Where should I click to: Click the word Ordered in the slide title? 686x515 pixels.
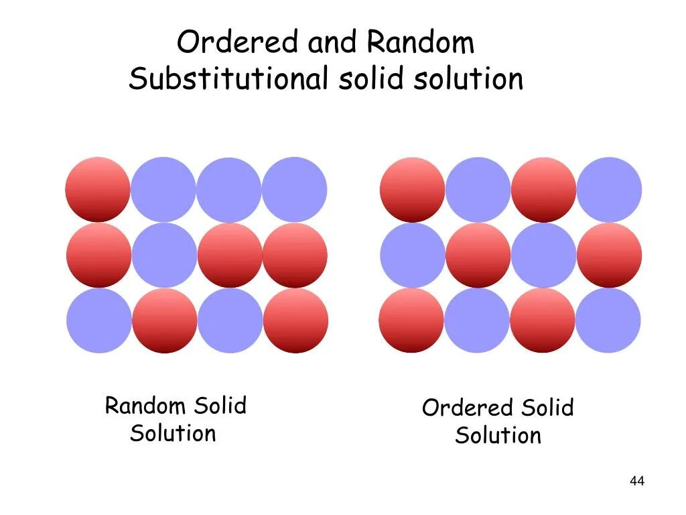click(238, 44)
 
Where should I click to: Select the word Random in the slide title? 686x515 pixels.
click(421, 44)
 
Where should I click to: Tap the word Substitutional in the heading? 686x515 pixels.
click(228, 79)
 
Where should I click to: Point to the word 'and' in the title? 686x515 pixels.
click(333, 44)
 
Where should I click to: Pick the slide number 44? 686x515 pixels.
click(637, 481)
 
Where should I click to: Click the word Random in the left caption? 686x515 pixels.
click(145, 406)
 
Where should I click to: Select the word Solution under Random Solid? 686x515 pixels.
click(174, 433)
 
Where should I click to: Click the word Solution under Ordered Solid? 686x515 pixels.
click(498, 436)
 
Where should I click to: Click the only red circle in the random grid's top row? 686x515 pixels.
click(98, 190)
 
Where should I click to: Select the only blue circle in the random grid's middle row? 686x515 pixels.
click(164, 255)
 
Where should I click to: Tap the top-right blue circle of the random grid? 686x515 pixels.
click(295, 190)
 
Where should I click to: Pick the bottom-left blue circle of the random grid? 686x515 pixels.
click(99, 321)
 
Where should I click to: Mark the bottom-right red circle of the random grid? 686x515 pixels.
click(295, 321)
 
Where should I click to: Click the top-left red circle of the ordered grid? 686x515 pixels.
click(412, 190)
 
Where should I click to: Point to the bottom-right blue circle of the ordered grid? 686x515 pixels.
click(608, 321)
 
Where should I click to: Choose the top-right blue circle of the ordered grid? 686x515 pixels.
click(609, 190)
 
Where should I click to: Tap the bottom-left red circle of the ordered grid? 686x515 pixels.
click(411, 321)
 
